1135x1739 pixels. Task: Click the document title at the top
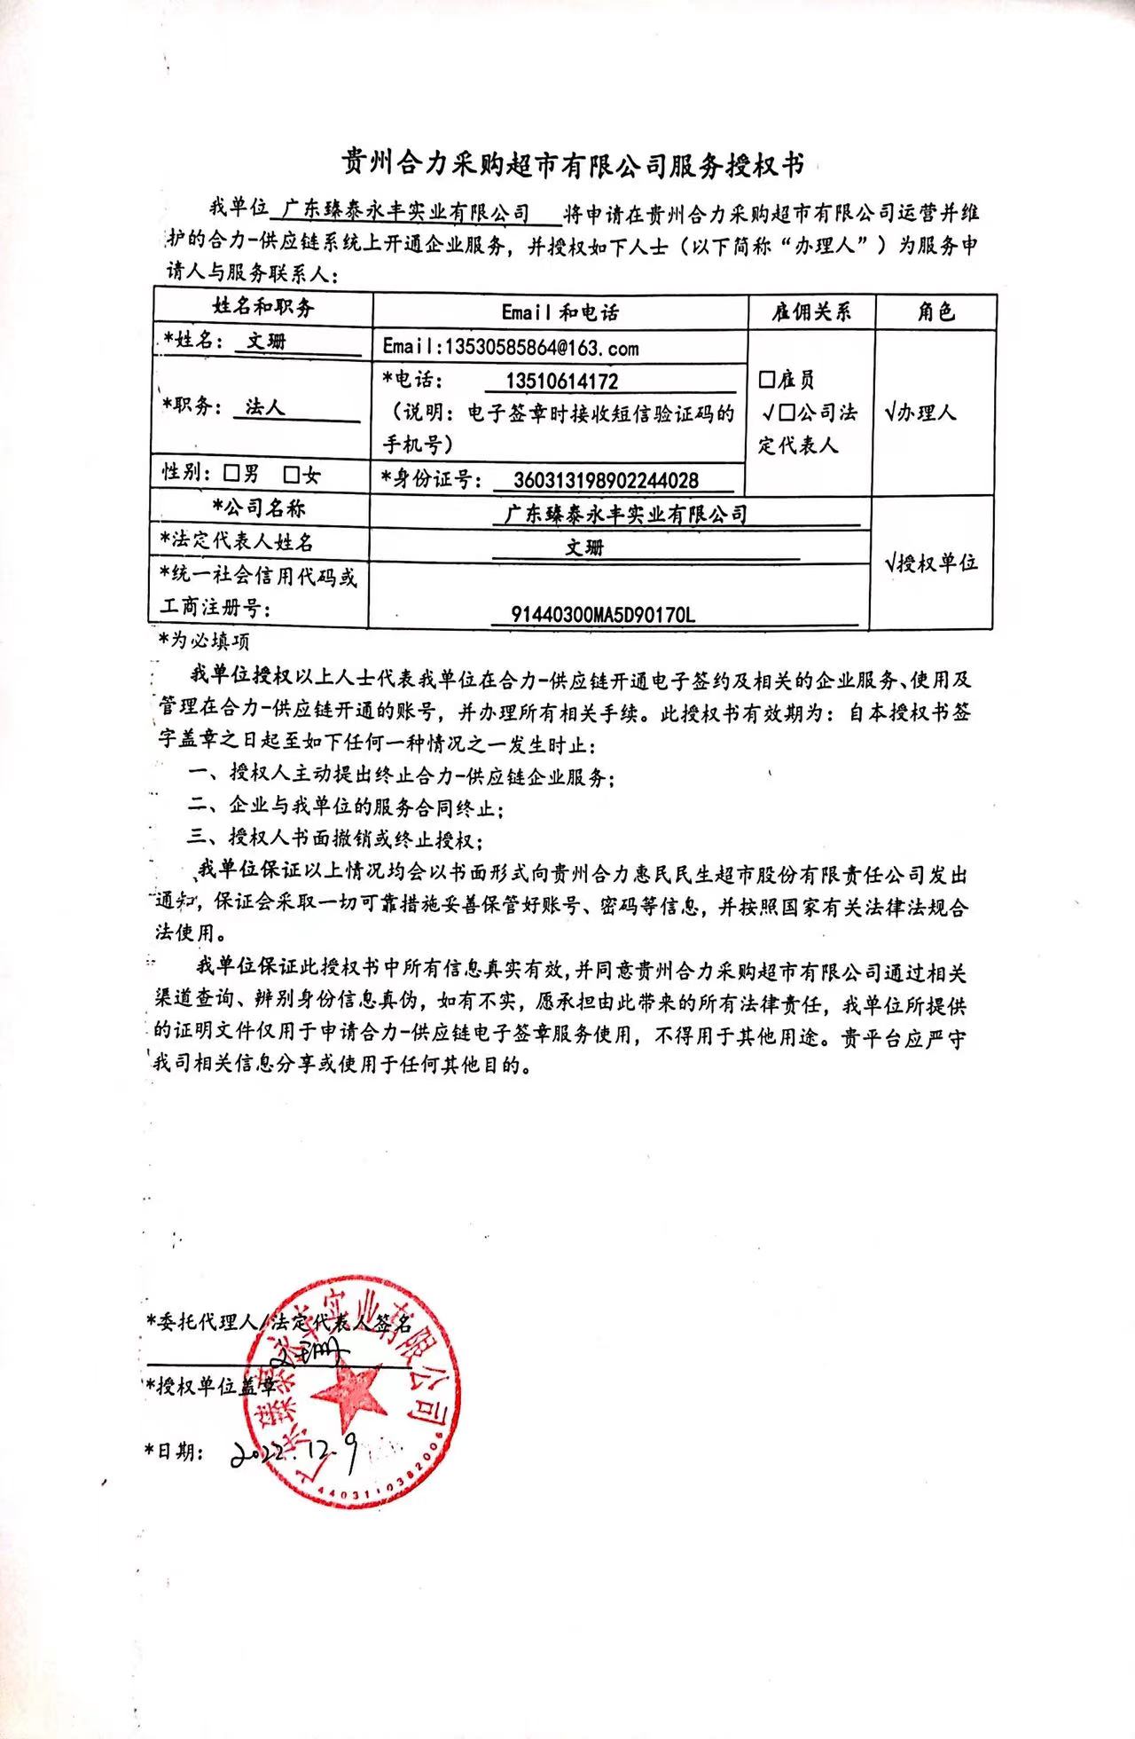(575, 165)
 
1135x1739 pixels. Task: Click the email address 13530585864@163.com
(511, 347)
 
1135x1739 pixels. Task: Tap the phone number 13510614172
(561, 382)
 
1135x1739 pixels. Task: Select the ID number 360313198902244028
(607, 481)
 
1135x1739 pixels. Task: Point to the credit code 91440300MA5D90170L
(603, 614)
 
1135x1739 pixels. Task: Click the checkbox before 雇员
(767, 381)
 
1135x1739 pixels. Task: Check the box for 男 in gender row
(232, 473)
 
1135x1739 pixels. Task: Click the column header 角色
(935, 311)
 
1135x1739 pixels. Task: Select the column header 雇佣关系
(810, 311)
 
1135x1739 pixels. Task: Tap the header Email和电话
(560, 311)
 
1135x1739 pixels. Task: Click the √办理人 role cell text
(921, 413)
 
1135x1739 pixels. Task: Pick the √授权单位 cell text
(931, 563)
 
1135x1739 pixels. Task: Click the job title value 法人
(264, 407)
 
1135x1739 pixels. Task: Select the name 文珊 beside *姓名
(267, 341)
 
